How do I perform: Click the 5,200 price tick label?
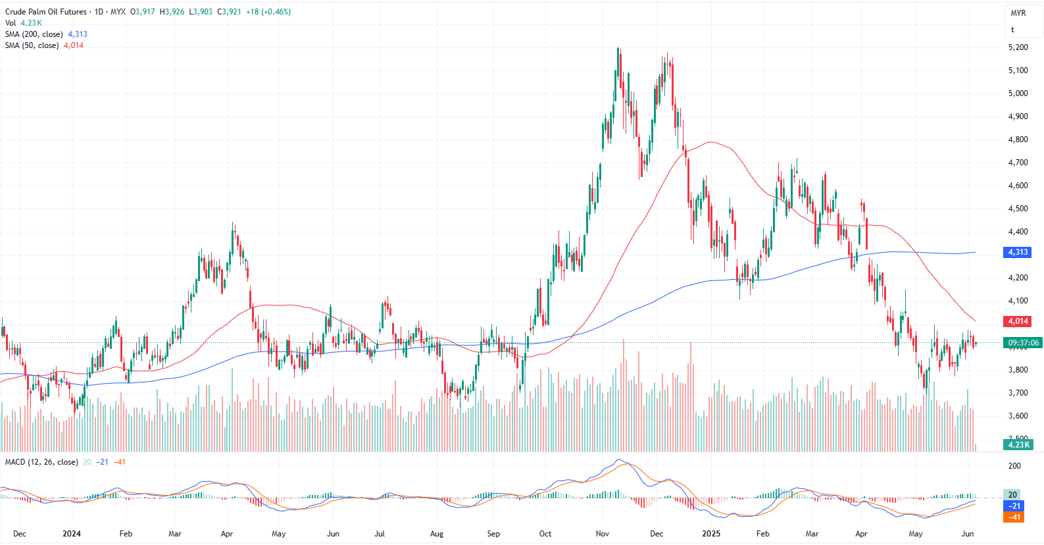(x=1018, y=47)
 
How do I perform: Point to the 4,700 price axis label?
(x=1018, y=163)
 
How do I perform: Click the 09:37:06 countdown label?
(x=1023, y=343)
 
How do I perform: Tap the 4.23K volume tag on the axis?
(x=1018, y=444)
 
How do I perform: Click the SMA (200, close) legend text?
(x=34, y=34)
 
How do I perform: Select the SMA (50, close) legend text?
(x=32, y=45)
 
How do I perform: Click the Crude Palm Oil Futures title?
(x=46, y=12)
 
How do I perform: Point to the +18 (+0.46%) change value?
(x=268, y=12)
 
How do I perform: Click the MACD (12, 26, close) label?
(x=41, y=462)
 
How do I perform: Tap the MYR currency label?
(x=1018, y=13)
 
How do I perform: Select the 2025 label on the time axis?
(x=710, y=534)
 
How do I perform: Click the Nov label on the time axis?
(x=602, y=534)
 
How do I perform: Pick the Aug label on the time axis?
(x=436, y=534)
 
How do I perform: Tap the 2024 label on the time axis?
(x=71, y=534)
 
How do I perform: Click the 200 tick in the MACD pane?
(x=1014, y=466)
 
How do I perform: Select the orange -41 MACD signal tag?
(x=1014, y=517)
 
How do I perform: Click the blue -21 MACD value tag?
(x=1014, y=506)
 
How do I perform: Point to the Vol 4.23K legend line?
(x=24, y=23)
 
